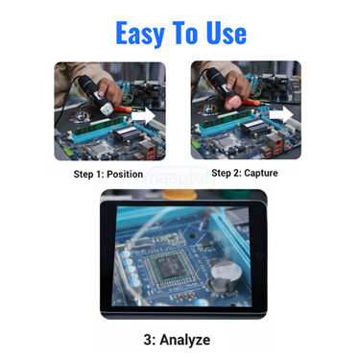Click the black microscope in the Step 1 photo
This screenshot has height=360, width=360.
(x=92, y=82)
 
